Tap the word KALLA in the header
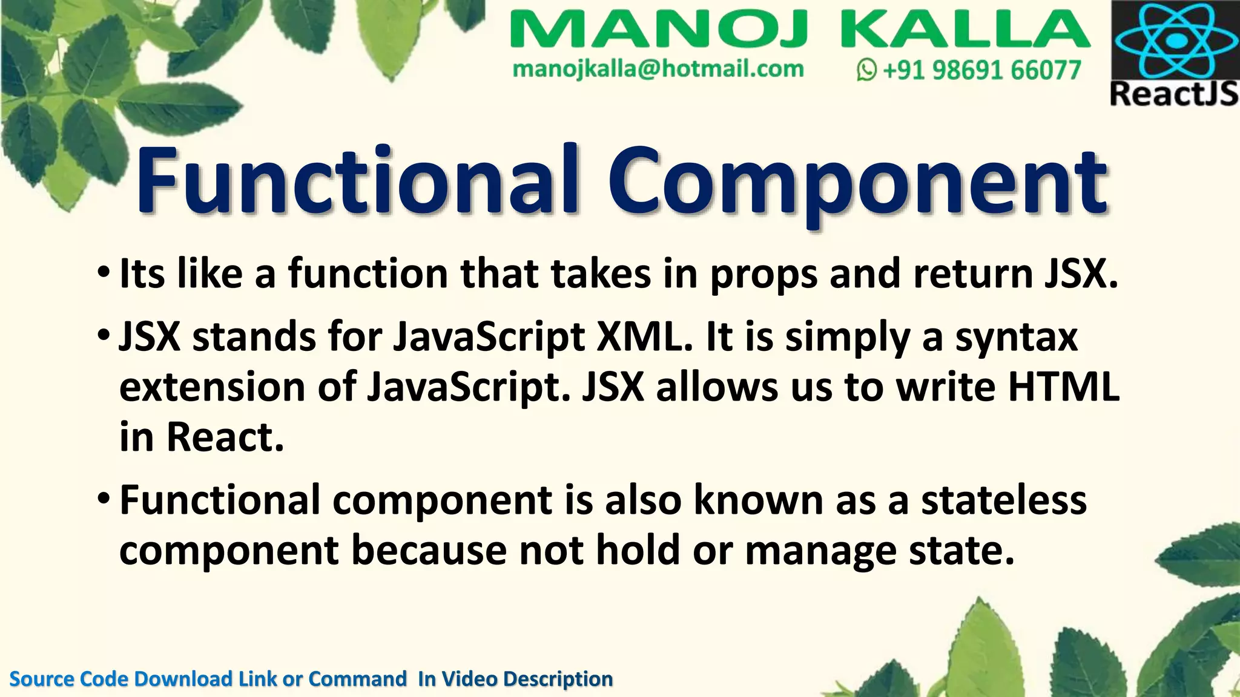coord(965,30)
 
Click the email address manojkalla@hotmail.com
coord(658,69)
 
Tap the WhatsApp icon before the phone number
coord(866,71)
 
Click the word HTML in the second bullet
coord(1063,387)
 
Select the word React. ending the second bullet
coord(225,437)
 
